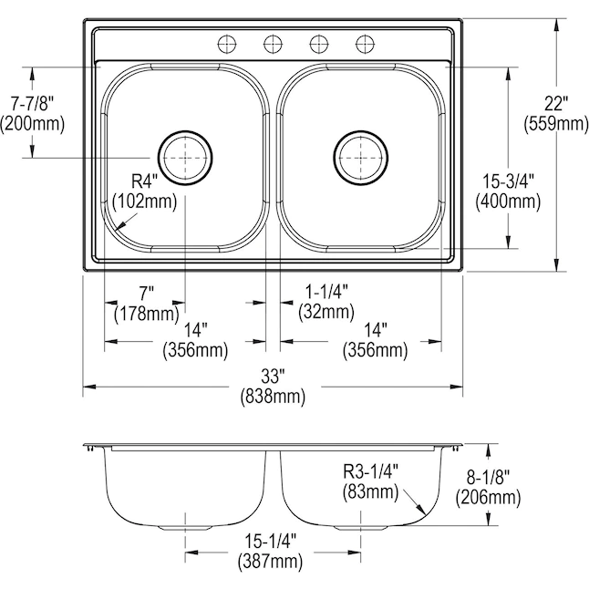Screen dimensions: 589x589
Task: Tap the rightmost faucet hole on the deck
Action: pos(366,42)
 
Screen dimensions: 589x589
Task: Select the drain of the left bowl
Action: pos(186,158)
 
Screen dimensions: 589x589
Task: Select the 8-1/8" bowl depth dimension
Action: pos(490,476)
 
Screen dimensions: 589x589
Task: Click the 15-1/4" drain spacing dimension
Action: pos(270,541)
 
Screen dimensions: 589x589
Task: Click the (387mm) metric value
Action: pos(270,562)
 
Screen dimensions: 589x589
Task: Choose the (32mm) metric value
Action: pos(325,312)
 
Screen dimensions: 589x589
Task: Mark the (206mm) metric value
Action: pos(490,497)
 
